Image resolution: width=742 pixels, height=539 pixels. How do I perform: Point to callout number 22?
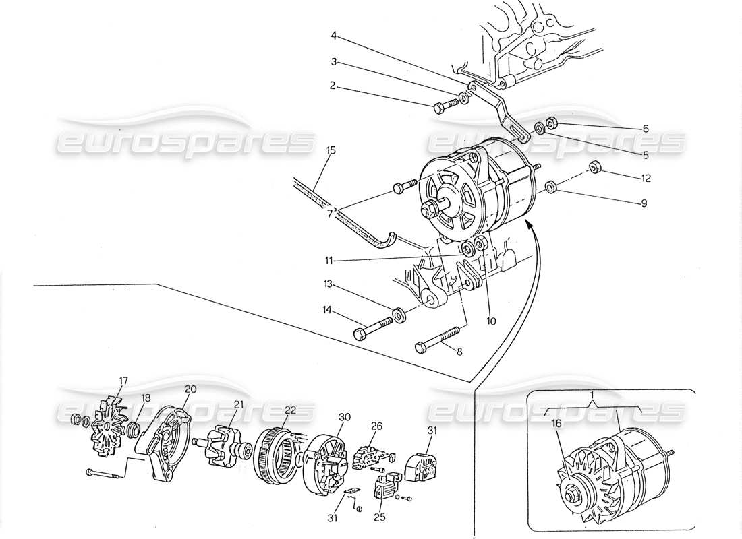[x=290, y=410]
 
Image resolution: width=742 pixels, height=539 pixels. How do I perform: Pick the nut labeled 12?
[x=595, y=167]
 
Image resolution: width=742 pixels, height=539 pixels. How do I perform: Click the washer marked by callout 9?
[x=550, y=186]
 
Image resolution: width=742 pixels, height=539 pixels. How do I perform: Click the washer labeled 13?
[x=399, y=313]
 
